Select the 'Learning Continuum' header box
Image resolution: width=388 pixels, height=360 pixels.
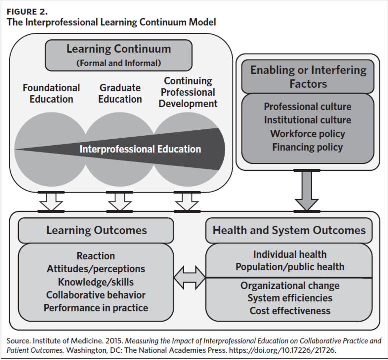coord(118,55)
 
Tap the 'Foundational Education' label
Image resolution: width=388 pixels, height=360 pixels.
coord(51,93)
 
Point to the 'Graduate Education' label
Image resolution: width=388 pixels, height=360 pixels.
coord(120,93)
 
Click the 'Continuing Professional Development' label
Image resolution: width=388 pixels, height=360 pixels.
coord(188,92)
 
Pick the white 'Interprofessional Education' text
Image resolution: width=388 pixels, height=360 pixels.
coord(140,149)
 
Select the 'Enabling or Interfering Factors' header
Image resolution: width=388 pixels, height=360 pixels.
coord(308,76)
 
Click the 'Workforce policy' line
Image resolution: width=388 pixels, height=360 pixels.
coord(307,134)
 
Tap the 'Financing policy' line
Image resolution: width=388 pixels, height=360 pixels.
coord(307,147)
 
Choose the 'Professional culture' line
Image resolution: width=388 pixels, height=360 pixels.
coord(307,107)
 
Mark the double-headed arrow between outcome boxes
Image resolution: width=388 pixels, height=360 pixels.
coord(190,276)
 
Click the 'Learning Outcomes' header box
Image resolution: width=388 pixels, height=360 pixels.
coord(96,230)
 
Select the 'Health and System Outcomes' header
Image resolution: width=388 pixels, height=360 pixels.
coord(289,230)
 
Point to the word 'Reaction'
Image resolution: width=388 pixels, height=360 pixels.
coord(96,256)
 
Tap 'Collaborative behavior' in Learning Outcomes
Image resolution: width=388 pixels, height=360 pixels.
coord(96,295)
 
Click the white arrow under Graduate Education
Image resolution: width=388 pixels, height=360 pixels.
coord(119,201)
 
